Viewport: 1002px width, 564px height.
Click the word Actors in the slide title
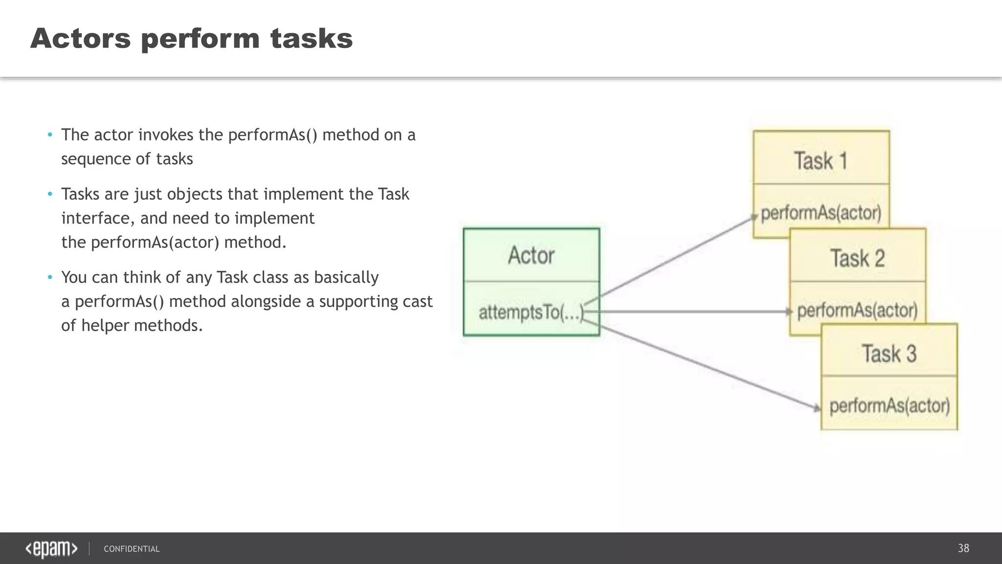[81, 38]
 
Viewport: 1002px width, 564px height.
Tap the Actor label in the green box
[531, 256]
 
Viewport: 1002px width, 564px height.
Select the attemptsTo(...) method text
[531, 312]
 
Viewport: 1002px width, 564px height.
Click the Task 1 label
[820, 161]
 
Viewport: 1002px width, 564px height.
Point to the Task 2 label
[858, 258]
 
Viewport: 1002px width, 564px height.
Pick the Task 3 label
[889, 354]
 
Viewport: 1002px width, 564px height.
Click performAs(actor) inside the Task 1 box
[821, 213]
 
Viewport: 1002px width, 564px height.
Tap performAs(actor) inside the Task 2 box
[858, 310]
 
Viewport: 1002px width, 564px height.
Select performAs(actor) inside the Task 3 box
[889, 406]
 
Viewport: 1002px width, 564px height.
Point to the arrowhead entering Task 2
[788, 311]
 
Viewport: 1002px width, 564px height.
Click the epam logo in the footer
[51, 549]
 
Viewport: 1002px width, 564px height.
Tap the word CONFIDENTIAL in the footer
[132, 549]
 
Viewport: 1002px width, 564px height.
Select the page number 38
[963, 548]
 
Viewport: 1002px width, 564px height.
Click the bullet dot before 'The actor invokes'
[50, 135]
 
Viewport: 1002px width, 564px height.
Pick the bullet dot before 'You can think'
[50, 278]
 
